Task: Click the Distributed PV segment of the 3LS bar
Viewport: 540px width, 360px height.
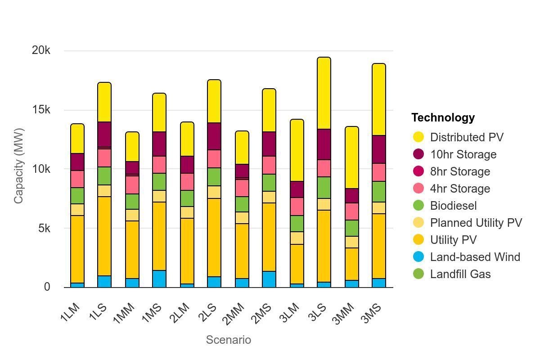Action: coord(324,93)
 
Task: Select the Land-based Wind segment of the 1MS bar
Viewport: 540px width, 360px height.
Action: coord(159,279)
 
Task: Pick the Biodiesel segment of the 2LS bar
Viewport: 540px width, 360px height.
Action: coord(214,177)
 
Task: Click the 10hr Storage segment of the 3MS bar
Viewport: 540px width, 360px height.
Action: coord(378,149)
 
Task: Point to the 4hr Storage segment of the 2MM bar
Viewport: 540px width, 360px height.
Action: coord(242,188)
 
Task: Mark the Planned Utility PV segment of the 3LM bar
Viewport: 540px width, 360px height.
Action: coord(297,238)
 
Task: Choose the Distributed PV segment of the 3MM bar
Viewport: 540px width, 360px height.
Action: coord(351,157)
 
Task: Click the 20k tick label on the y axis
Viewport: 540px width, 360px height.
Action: coord(41,50)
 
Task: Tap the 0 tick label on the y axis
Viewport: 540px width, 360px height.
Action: coord(47,287)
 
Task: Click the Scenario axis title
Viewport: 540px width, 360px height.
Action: coord(228,340)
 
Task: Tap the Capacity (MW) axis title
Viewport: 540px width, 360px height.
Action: coord(18,166)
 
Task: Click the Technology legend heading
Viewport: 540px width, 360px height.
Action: coord(443,117)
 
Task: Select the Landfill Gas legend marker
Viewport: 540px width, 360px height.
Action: coord(418,274)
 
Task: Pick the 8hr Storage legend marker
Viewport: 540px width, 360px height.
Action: coord(418,171)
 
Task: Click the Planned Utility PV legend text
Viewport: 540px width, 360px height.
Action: coord(476,223)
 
